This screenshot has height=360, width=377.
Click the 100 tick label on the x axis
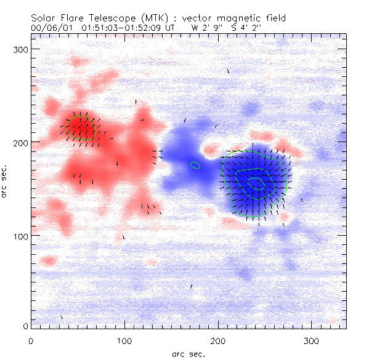click(x=124, y=340)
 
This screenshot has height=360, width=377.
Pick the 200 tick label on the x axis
click(x=218, y=340)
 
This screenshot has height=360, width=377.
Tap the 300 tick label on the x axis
click(x=312, y=340)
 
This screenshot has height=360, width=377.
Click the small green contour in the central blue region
click(x=195, y=165)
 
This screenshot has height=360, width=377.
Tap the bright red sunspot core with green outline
click(x=81, y=127)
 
